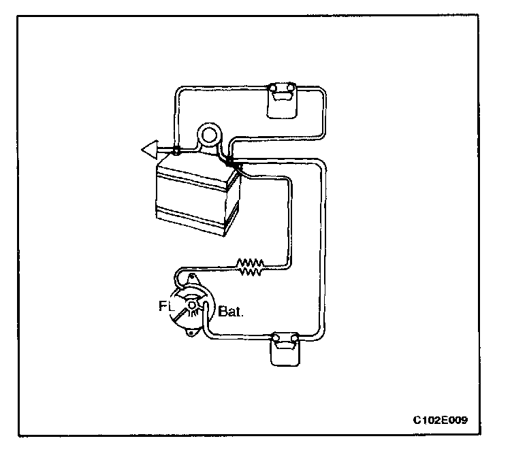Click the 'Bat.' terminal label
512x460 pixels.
coord(231,313)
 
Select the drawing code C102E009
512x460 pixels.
coord(441,420)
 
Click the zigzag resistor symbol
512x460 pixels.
coord(250,267)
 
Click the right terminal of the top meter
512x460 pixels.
coord(291,88)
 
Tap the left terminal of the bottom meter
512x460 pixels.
coord(274,338)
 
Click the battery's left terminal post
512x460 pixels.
coord(176,150)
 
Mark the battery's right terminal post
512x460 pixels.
coord(230,161)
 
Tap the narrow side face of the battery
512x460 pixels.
coord(234,208)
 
